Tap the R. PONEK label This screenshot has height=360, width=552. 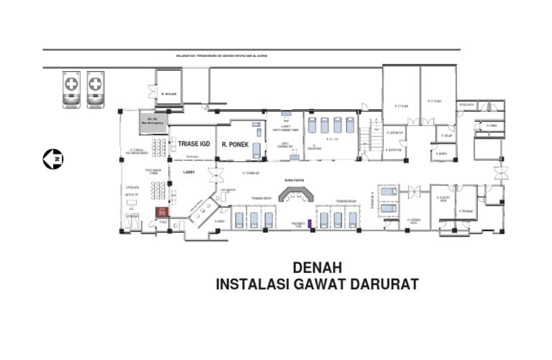point(235,143)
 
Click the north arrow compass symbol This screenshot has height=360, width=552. point(52,158)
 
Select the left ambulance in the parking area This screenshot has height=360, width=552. point(71,89)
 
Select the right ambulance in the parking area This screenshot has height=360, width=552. point(95,89)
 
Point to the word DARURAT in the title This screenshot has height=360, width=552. point(384,285)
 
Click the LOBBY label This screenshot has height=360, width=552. point(189,172)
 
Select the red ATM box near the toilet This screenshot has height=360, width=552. point(162,213)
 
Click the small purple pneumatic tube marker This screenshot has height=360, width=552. point(309,223)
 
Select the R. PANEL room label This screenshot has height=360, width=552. point(492,126)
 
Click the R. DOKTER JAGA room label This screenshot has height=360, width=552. point(443,199)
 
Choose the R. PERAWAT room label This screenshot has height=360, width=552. point(468,211)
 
